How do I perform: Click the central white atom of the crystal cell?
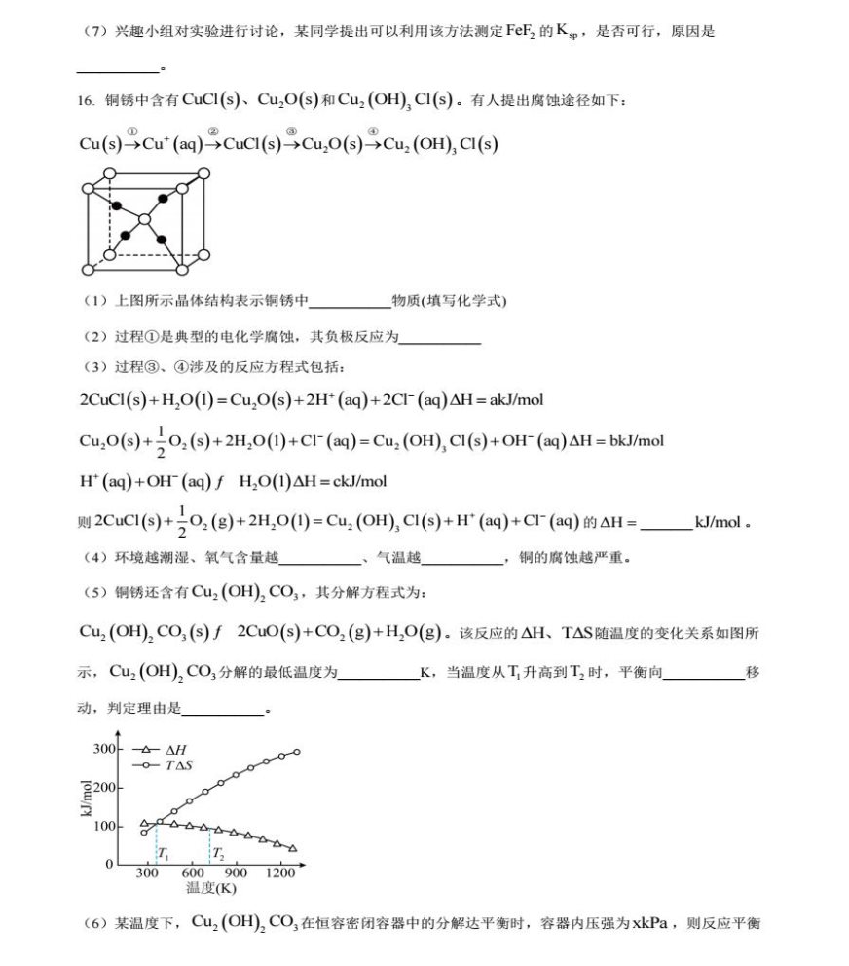(145, 220)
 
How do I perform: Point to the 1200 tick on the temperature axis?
(279, 873)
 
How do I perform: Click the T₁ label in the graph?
(164, 854)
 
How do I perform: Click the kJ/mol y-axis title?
(85, 802)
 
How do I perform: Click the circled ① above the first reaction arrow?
(132, 132)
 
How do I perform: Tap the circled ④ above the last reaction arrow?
(373, 132)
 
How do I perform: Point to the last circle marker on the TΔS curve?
(296, 751)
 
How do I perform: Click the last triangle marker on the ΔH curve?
(292, 848)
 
